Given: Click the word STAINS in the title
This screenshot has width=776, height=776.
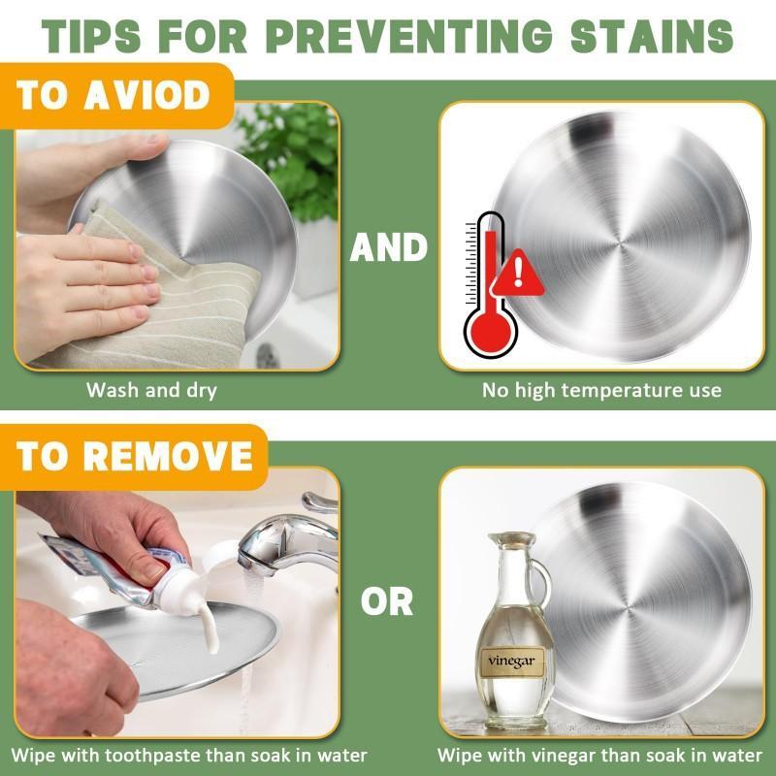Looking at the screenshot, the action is click(652, 36).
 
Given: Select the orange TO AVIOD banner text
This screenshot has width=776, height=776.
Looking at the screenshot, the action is click(113, 95).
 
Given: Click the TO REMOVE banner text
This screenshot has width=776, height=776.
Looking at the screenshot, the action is click(135, 456).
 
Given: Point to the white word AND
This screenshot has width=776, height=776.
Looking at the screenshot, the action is click(389, 247).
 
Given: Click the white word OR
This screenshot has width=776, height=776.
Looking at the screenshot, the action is click(387, 601).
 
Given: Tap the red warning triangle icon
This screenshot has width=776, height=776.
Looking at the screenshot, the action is click(518, 274).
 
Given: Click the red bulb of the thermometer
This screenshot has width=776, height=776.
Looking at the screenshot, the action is click(491, 331).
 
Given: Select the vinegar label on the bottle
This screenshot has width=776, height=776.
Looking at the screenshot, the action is click(511, 662).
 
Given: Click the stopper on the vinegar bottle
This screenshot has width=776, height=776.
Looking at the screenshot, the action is click(511, 539).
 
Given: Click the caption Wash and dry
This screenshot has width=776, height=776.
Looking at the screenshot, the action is click(151, 391).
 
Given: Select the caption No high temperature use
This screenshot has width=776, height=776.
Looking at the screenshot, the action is click(601, 391).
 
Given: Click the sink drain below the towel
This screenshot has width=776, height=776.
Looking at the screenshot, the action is click(269, 356).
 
